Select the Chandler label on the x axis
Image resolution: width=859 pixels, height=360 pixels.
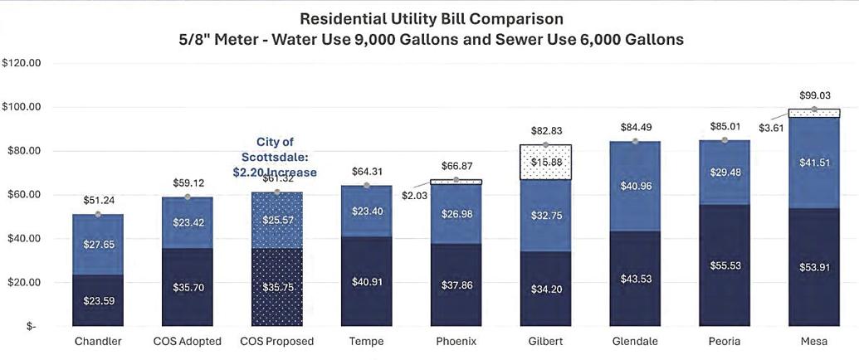pos(98,342)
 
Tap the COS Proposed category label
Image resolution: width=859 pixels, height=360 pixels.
pos(277,342)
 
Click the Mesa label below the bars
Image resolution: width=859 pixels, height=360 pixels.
pos(814,342)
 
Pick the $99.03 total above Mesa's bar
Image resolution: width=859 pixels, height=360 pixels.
pos(813,95)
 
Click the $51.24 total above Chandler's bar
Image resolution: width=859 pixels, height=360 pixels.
pos(98,200)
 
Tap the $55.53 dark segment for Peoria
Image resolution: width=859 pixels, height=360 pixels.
pos(725,265)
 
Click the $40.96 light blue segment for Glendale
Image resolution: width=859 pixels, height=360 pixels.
pos(635,187)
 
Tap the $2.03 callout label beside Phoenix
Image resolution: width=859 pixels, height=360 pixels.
pos(412,194)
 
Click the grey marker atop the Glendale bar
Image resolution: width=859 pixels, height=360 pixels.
pos(635,141)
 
